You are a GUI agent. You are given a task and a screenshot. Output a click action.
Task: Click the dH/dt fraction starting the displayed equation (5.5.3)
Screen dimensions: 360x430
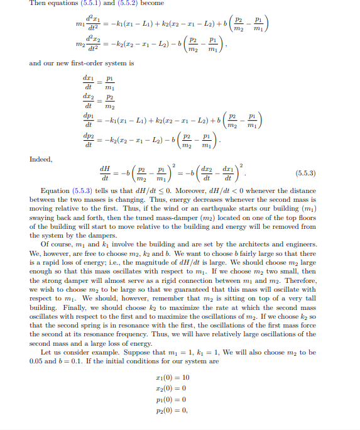coord(104,172)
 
